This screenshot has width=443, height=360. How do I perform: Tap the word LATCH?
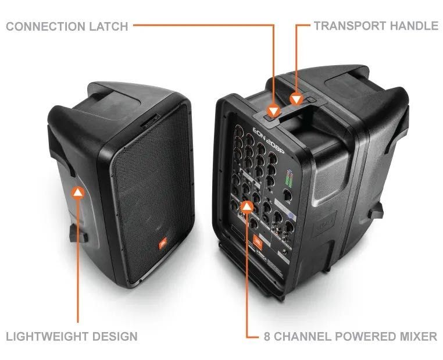(x=110, y=26)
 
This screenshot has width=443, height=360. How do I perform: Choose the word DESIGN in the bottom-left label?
(x=116, y=336)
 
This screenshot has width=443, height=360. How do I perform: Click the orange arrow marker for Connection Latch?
(x=273, y=111)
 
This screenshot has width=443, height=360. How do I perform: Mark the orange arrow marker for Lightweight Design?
(x=78, y=192)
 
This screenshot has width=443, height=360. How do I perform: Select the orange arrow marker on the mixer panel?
(x=248, y=205)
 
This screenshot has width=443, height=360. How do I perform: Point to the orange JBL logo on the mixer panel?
(x=262, y=249)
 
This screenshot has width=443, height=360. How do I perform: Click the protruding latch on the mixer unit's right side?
(x=378, y=209)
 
